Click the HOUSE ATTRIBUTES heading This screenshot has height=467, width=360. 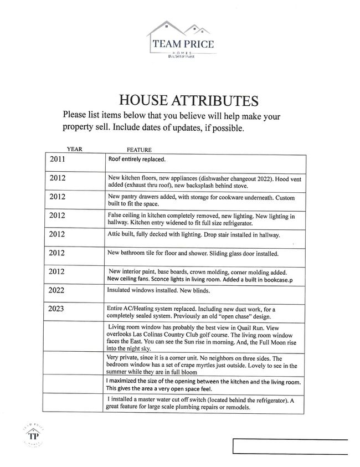coord(189,101)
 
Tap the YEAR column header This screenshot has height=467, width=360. coord(74,150)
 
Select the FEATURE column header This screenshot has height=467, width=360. coord(139,150)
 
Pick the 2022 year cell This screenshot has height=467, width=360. coord(58,290)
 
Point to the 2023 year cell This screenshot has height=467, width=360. coord(58,308)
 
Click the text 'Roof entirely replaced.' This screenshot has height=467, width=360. coord(137,159)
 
